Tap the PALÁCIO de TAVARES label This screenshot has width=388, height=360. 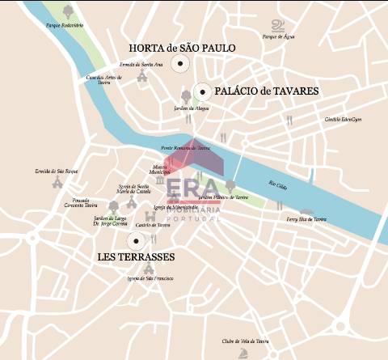(x=267, y=91)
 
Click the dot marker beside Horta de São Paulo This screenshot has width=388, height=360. (x=182, y=64)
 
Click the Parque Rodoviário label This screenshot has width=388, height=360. (x=65, y=26)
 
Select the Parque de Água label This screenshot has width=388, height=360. (x=278, y=36)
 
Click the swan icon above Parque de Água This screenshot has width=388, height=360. (x=278, y=25)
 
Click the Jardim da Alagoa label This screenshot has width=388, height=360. (x=191, y=107)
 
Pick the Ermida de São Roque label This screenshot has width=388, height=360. (x=56, y=172)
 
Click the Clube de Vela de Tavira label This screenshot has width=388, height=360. (x=245, y=341)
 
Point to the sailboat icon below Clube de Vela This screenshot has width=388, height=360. (x=245, y=353)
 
